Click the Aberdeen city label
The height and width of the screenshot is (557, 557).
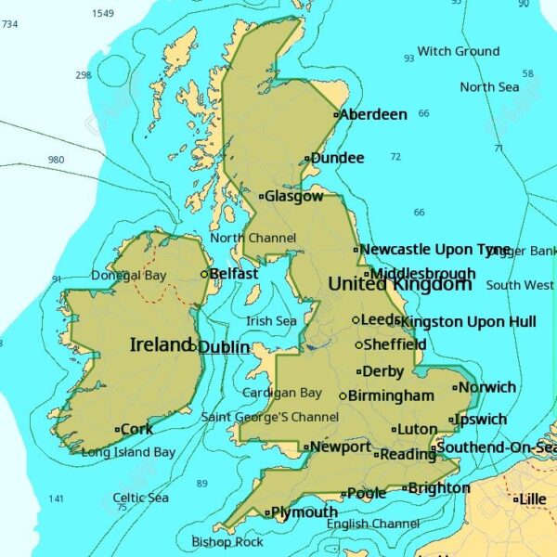[x=373, y=114]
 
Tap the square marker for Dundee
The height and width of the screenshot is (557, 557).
[x=307, y=159]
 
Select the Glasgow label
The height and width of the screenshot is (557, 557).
[x=294, y=196]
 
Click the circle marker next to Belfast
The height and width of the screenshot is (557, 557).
[x=204, y=274]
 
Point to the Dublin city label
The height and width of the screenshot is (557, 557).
[x=224, y=347]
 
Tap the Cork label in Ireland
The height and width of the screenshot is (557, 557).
[x=136, y=429]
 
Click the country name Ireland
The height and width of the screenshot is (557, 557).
[x=161, y=344]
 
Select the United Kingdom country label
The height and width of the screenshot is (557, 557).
[x=400, y=284]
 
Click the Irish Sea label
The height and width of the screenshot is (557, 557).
[x=271, y=321]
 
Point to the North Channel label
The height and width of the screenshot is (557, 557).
[x=253, y=238]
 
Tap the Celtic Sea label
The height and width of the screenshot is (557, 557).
[x=141, y=499]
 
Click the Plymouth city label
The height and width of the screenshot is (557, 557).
[x=304, y=512]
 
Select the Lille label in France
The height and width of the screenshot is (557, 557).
[x=533, y=499]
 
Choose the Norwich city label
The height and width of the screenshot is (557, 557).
[x=487, y=387]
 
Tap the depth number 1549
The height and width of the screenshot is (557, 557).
[x=103, y=13]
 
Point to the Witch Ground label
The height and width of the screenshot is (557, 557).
[x=458, y=51]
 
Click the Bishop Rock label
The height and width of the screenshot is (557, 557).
[x=227, y=541]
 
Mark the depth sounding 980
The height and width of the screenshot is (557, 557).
[x=56, y=160]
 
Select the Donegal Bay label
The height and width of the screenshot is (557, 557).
[x=129, y=276]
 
